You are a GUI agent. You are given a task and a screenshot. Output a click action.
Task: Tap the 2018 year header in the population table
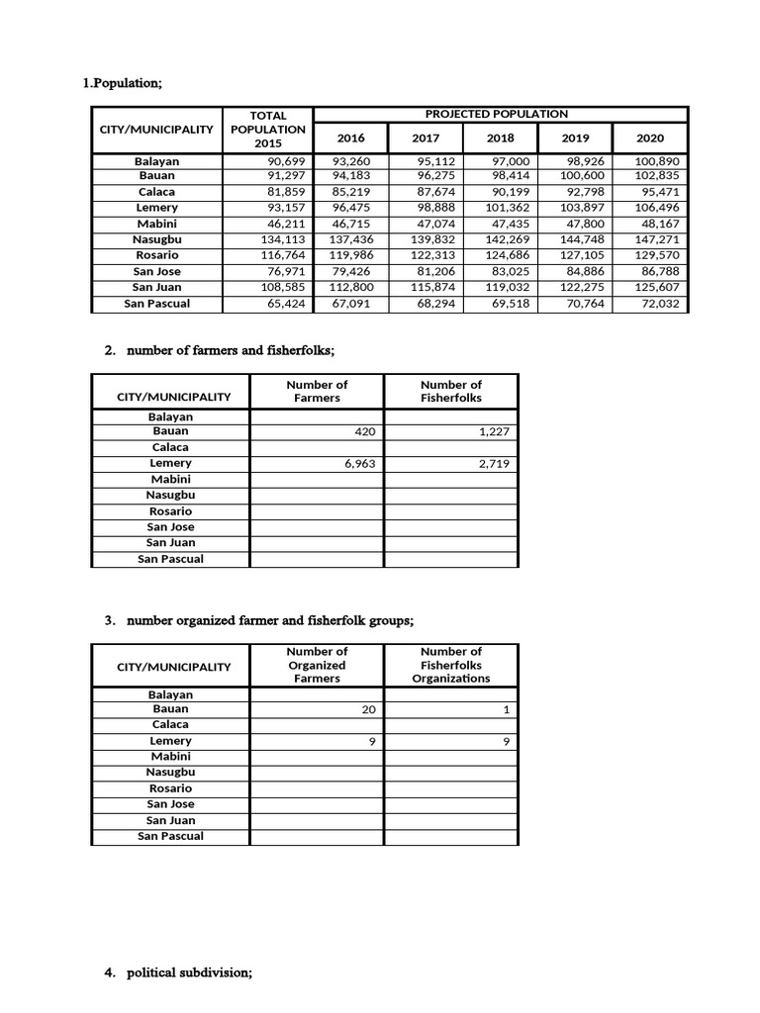500,139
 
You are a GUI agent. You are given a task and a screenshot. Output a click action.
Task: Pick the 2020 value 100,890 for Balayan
656,160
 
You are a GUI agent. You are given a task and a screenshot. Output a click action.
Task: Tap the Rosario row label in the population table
157,255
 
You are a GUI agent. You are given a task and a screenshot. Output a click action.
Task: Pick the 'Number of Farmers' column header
317,391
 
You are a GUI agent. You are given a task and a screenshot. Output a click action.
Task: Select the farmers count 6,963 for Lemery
359,463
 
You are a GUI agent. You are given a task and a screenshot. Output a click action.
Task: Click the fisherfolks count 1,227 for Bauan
493,431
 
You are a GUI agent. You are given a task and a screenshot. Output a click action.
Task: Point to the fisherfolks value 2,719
493,463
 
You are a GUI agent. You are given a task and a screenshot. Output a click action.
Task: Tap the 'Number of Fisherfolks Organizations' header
450,665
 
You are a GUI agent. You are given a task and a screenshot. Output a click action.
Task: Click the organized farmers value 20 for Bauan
367,709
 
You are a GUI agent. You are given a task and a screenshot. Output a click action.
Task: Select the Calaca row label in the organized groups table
170,725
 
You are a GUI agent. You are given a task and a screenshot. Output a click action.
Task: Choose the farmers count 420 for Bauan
363,431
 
